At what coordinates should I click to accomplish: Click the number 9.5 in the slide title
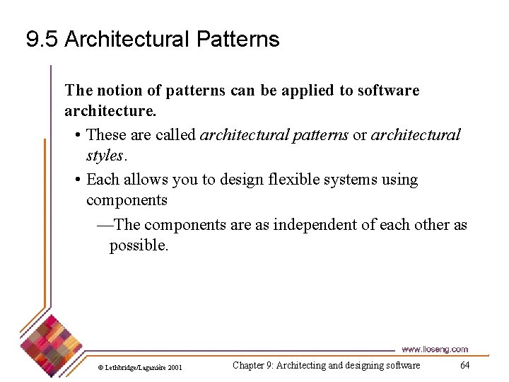coord(42,40)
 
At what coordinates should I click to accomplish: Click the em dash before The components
coord(103,225)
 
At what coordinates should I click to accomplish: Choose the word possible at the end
coord(138,245)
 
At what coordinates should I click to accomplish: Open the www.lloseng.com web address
coord(434,349)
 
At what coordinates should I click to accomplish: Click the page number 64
coord(464,365)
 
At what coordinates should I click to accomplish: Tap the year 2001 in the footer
coord(175,367)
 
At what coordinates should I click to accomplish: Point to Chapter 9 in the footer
coord(252,365)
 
